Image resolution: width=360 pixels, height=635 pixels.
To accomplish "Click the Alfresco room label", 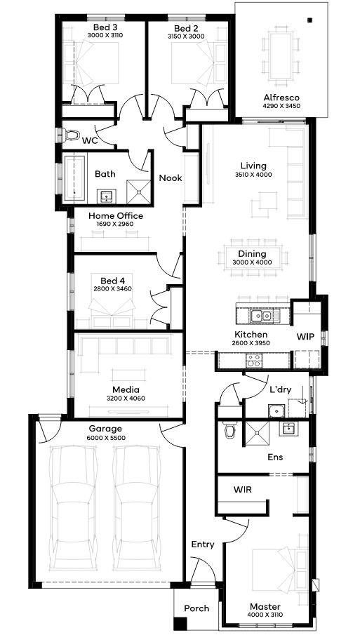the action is [281, 98].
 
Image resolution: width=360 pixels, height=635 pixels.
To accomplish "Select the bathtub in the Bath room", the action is [76, 178].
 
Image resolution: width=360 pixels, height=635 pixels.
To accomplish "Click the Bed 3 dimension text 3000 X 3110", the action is [105, 35].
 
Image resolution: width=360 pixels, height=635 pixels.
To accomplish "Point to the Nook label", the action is [170, 178].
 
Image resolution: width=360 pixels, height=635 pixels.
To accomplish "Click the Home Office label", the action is [115, 216].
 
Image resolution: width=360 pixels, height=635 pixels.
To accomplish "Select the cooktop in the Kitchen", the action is [254, 360].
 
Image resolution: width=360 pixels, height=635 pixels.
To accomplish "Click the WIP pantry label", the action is [305, 337].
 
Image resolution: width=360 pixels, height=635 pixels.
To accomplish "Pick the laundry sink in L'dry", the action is [276, 410].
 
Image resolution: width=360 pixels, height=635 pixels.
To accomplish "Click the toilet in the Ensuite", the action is [229, 430].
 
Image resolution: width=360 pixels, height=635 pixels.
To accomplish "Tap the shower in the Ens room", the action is [256, 434].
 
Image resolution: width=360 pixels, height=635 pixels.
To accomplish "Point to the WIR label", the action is [242, 489].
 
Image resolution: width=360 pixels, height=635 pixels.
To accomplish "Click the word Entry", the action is [203, 544].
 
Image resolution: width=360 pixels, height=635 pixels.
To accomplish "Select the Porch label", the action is [196, 608].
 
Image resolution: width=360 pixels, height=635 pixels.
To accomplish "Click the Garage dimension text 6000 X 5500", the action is [106, 438].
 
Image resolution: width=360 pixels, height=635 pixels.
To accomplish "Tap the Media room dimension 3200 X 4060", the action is [126, 398].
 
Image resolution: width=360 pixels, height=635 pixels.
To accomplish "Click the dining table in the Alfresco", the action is [281, 56].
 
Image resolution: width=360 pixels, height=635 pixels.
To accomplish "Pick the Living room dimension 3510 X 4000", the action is [253, 175].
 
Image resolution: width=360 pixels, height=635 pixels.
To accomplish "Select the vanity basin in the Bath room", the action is [107, 196].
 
